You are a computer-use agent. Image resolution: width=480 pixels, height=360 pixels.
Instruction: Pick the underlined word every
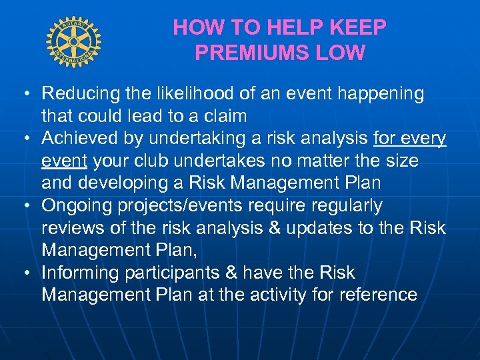point(424,139)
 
